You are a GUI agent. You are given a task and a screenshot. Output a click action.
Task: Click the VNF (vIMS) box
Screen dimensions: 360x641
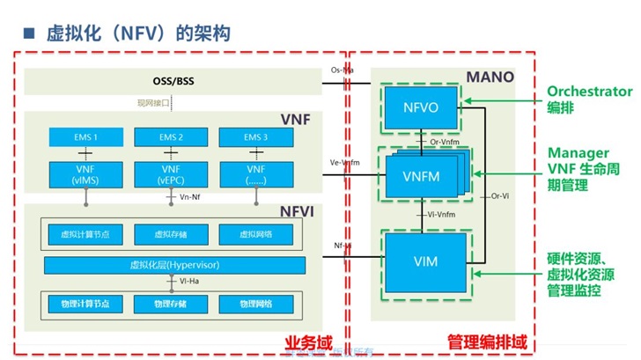pyautogui.click(x=85, y=174)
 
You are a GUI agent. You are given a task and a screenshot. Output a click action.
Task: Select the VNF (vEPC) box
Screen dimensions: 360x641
pyautogui.click(x=170, y=174)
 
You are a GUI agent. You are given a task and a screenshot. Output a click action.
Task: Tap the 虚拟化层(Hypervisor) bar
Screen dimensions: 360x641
pyautogui.click(x=170, y=264)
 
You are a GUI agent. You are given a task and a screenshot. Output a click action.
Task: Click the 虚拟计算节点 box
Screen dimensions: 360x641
pyautogui.click(x=85, y=233)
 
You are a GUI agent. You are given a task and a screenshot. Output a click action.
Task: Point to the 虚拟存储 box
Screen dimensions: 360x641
pyautogui.click(x=170, y=233)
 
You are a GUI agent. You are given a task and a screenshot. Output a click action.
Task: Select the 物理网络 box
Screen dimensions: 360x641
pyautogui.click(x=255, y=304)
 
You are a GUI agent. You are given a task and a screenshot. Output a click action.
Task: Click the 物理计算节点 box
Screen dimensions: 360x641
pyautogui.click(x=85, y=304)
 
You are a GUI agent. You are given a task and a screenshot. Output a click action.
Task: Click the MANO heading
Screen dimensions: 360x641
pyautogui.click(x=494, y=77)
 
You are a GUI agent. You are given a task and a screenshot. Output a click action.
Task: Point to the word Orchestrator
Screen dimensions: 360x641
pyautogui.click(x=590, y=91)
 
